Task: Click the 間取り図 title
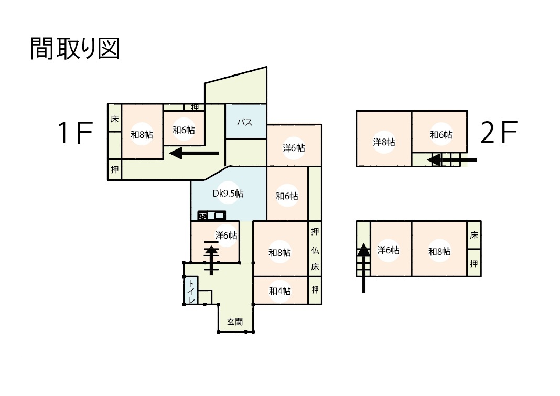point(75,48)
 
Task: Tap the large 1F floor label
point(76,133)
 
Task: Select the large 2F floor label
point(499,132)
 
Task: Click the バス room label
point(245,122)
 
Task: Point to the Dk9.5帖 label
point(228,194)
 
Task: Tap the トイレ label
point(191,292)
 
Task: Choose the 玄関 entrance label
point(235,322)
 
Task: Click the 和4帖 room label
point(279,291)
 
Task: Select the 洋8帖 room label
point(384,142)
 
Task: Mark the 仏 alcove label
point(315,251)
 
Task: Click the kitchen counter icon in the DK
point(212,216)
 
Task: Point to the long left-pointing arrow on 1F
point(194,153)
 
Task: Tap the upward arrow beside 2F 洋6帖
point(363,267)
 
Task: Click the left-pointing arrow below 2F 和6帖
point(452,160)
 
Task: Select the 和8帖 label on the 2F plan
point(439,251)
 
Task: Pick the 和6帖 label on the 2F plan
point(441,134)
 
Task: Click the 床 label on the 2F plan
point(474,235)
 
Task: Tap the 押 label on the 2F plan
point(474,264)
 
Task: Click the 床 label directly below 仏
point(315,266)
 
